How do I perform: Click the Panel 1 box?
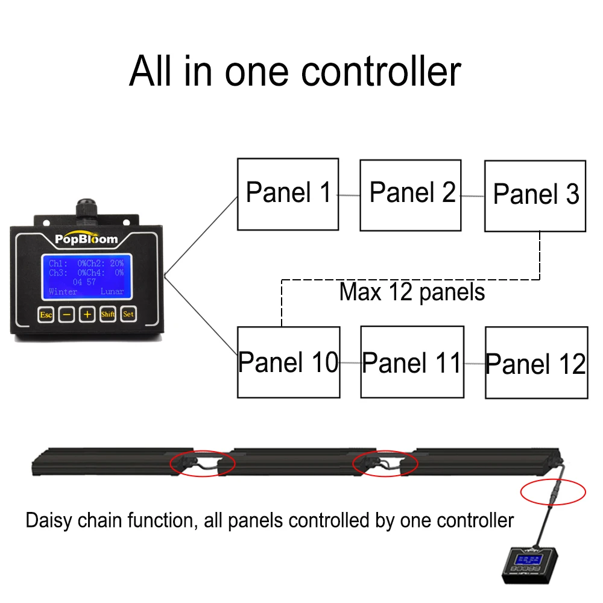[x=288, y=194]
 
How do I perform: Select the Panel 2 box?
[x=411, y=195]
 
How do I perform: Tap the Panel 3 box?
[x=535, y=196]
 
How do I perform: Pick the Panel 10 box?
[x=288, y=362]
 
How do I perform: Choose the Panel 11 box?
[x=412, y=362]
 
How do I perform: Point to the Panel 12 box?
[x=536, y=363]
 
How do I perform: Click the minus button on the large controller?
[x=67, y=314]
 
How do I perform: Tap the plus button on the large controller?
[x=87, y=314]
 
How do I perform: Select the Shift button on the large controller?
[x=108, y=314]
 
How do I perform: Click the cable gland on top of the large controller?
[x=86, y=209]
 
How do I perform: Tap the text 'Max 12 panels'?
[x=412, y=292]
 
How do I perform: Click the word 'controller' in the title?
[x=381, y=71]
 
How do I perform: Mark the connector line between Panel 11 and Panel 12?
[x=475, y=364]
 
